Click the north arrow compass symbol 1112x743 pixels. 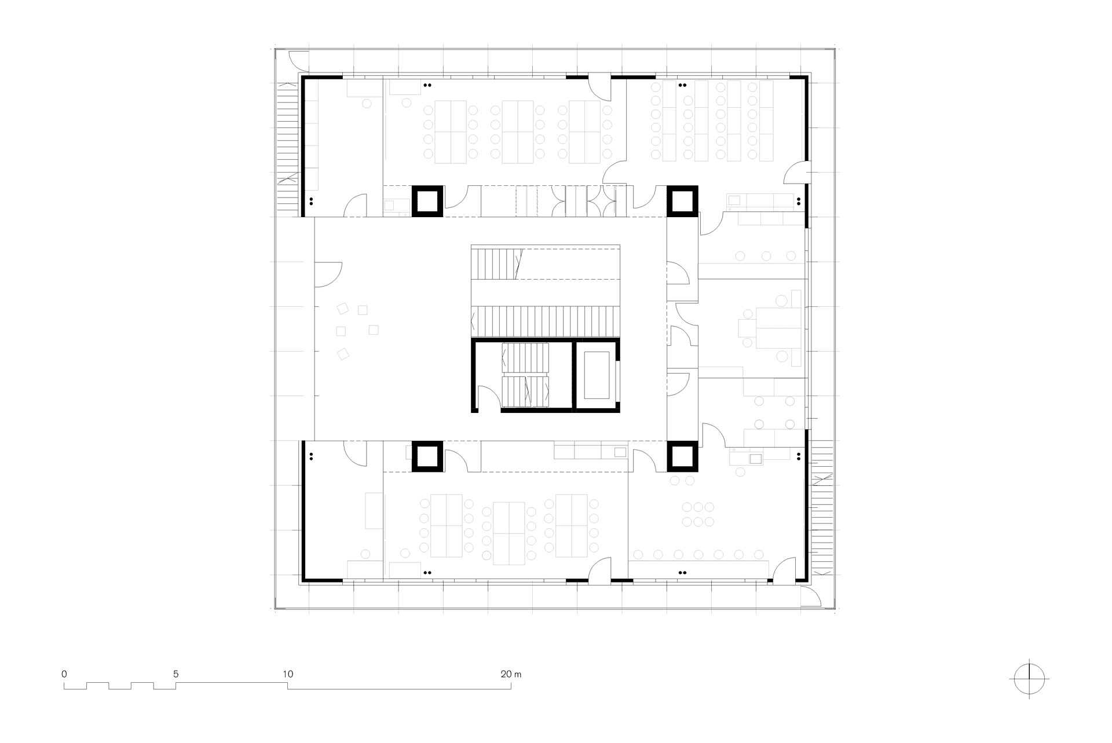tap(1029, 678)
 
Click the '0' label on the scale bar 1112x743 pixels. tap(64, 674)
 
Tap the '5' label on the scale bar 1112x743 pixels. tap(175, 674)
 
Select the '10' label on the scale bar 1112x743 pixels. tap(288, 674)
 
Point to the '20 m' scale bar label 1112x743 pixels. tap(511, 674)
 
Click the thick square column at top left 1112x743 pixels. tap(427, 201)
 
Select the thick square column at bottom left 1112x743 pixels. tap(427, 456)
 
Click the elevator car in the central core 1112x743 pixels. tap(597, 375)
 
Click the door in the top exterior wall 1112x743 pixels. tap(600, 87)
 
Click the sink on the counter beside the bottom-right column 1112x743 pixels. tap(756, 459)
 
